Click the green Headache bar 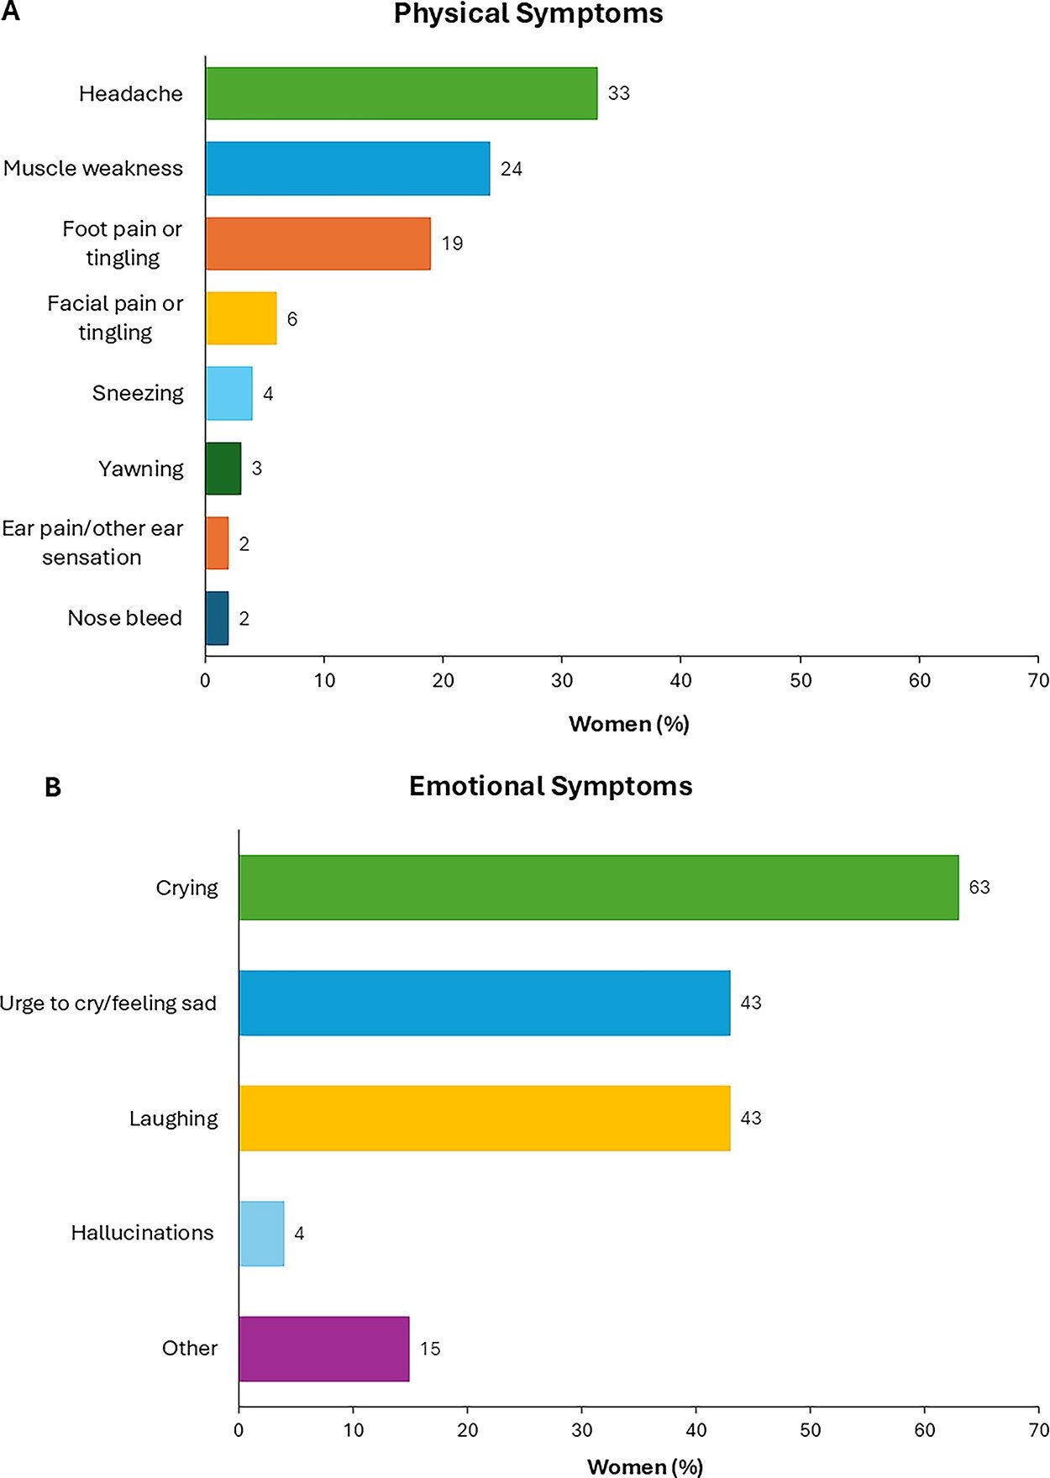pyautogui.click(x=402, y=93)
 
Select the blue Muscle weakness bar pyautogui.click(x=348, y=168)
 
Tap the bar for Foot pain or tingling pyautogui.click(x=318, y=244)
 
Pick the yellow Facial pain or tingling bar pyautogui.click(x=242, y=318)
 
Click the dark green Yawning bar pyautogui.click(x=223, y=469)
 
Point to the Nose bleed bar pyautogui.click(x=218, y=618)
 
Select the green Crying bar pyautogui.click(x=598, y=888)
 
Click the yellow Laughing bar pyautogui.click(x=485, y=1118)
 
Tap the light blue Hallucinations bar pyautogui.click(x=262, y=1233)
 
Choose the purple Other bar pyautogui.click(x=324, y=1349)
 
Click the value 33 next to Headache pyautogui.click(x=619, y=93)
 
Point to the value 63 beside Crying pyautogui.click(x=979, y=888)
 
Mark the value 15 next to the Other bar pyautogui.click(x=430, y=1349)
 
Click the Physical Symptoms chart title pyautogui.click(x=528, y=14)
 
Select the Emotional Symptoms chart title pyautogui.click(x=550, y=786)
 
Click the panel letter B pyautogui.click(x=53, y=788)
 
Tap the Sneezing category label pyautogui.click(x=138, y=393)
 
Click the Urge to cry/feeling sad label pyautogui.click(x=108, y=1004)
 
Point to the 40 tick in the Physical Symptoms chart pyautogui.click(x=681, y=680)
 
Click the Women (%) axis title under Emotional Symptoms pyautogui.click(x=644, y=1466)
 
